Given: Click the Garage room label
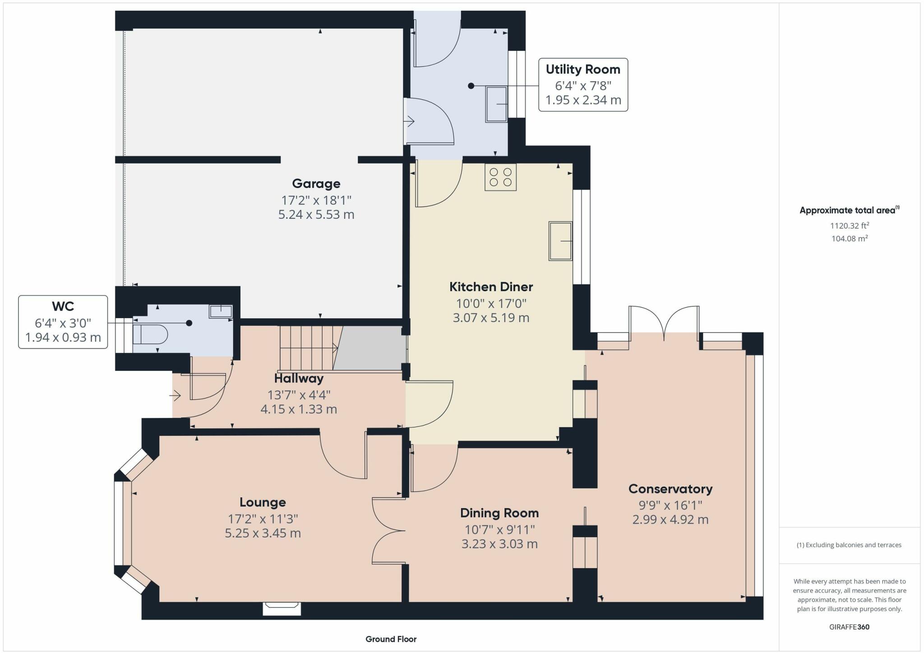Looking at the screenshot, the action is pos(316,184).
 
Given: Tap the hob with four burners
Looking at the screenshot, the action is pos(500,177).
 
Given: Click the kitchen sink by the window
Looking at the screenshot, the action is pos(560,241).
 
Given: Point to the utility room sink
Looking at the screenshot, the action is pos(496,104).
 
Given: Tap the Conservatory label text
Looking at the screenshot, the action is pos(670,489).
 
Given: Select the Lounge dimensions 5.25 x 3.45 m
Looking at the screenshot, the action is pos(263,533).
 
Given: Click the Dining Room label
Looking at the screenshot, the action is pos(499,513).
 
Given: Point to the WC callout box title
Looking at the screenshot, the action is pos(63,306).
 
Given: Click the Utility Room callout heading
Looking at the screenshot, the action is pos(583,69).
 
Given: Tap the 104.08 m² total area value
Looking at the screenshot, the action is pos(850,238).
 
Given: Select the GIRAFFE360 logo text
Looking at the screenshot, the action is pos(850,627).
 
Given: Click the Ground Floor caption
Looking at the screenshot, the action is pos(391,639).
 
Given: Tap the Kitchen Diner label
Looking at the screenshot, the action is pos(491,287).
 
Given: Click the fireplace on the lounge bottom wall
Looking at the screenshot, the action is pos(282,608).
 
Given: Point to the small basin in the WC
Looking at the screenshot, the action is pos(221,311).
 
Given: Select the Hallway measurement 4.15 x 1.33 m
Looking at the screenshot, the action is pos(299,409).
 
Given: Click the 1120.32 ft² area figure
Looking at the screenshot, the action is pos(850,225).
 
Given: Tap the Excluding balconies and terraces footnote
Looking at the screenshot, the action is pos(849,545).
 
